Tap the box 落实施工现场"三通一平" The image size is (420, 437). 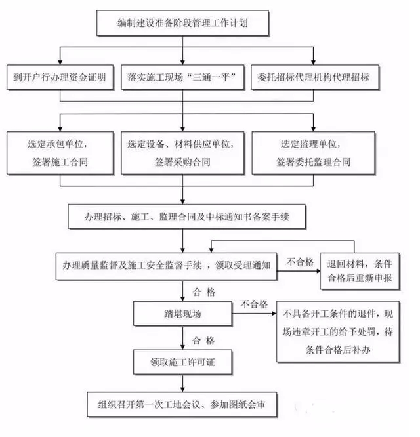tap(183, 77)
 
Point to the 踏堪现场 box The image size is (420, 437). tap(184, 314)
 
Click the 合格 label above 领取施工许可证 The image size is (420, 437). tap(203, 341)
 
